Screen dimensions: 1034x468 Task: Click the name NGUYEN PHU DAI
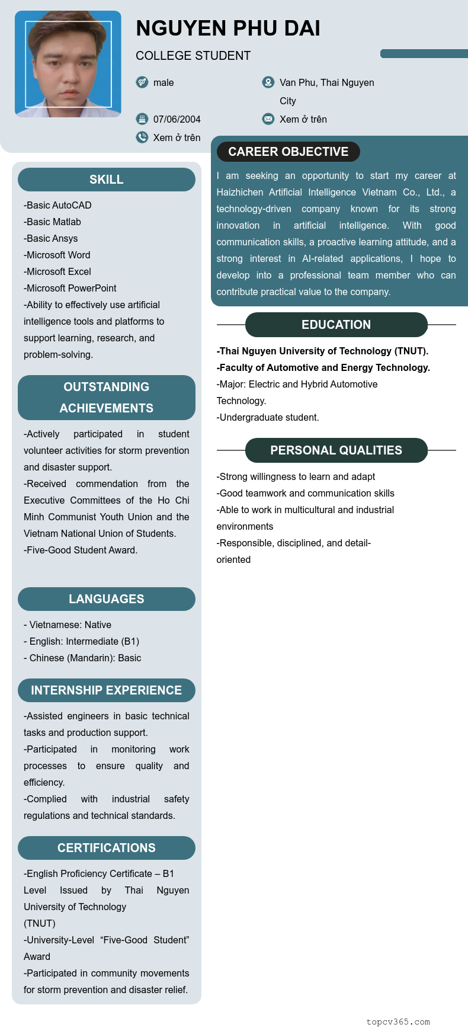tap(227, 28)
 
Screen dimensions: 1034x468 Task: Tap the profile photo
tap(68, 64)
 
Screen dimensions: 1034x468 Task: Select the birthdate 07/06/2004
tap(177, 119)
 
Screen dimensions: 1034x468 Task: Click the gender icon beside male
tap(142, 82)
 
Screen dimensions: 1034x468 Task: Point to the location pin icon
tap(268, 82)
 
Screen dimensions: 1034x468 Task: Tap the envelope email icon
tap(268, 119)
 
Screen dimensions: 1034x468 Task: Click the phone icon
tap(142, 137)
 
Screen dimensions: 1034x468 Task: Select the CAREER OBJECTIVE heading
tap(288, 152)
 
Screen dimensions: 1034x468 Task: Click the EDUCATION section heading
tap(336, 325)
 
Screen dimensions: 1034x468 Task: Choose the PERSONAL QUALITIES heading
tap(336, 450)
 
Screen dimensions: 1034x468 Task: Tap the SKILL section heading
tap(107, 180)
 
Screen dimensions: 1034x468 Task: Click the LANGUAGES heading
tap(107, 599)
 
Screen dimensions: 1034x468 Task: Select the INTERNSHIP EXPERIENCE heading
tap(107, 690)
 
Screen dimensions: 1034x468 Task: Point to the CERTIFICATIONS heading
tap(107, 848)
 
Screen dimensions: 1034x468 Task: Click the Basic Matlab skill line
tap(53, 222)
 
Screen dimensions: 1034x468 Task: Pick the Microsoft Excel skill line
tap(58, 271)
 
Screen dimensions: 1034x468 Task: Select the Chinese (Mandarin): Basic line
tap(82, 658)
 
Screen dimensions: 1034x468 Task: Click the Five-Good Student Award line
tap(81, 550)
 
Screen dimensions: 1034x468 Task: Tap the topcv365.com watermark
tap(398, 1022)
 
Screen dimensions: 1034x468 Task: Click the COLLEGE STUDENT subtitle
tap(193, 56)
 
